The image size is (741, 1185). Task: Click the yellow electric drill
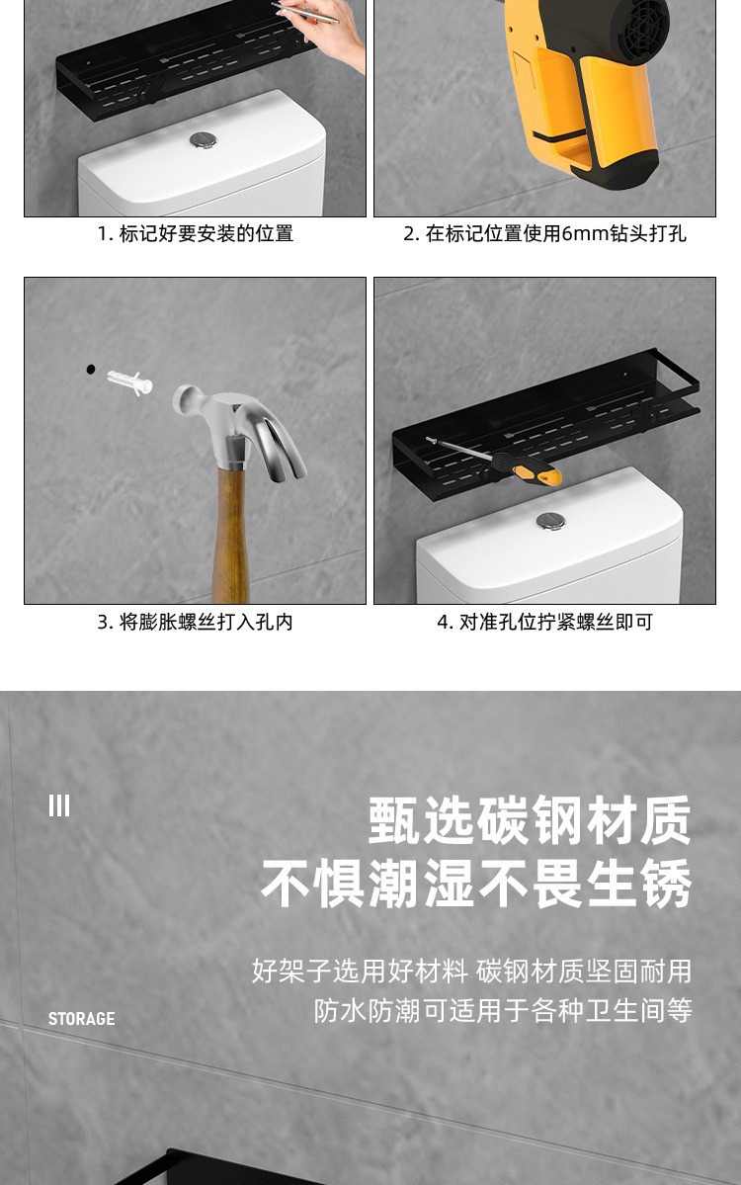583,89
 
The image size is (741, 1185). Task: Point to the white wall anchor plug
129,381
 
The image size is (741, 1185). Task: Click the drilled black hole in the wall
91,369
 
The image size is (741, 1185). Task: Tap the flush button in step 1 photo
203,140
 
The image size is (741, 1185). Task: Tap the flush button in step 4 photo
549,521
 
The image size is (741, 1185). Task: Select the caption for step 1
195,234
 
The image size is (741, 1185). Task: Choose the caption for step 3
195,622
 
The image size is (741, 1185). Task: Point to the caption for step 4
544,622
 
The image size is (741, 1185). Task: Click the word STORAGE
81,1019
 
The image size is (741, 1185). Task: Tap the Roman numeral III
59,806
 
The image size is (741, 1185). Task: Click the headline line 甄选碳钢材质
530,821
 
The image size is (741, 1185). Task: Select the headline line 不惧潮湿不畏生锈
476,883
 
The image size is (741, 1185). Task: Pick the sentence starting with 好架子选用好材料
471,971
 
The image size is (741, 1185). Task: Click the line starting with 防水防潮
502,1011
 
